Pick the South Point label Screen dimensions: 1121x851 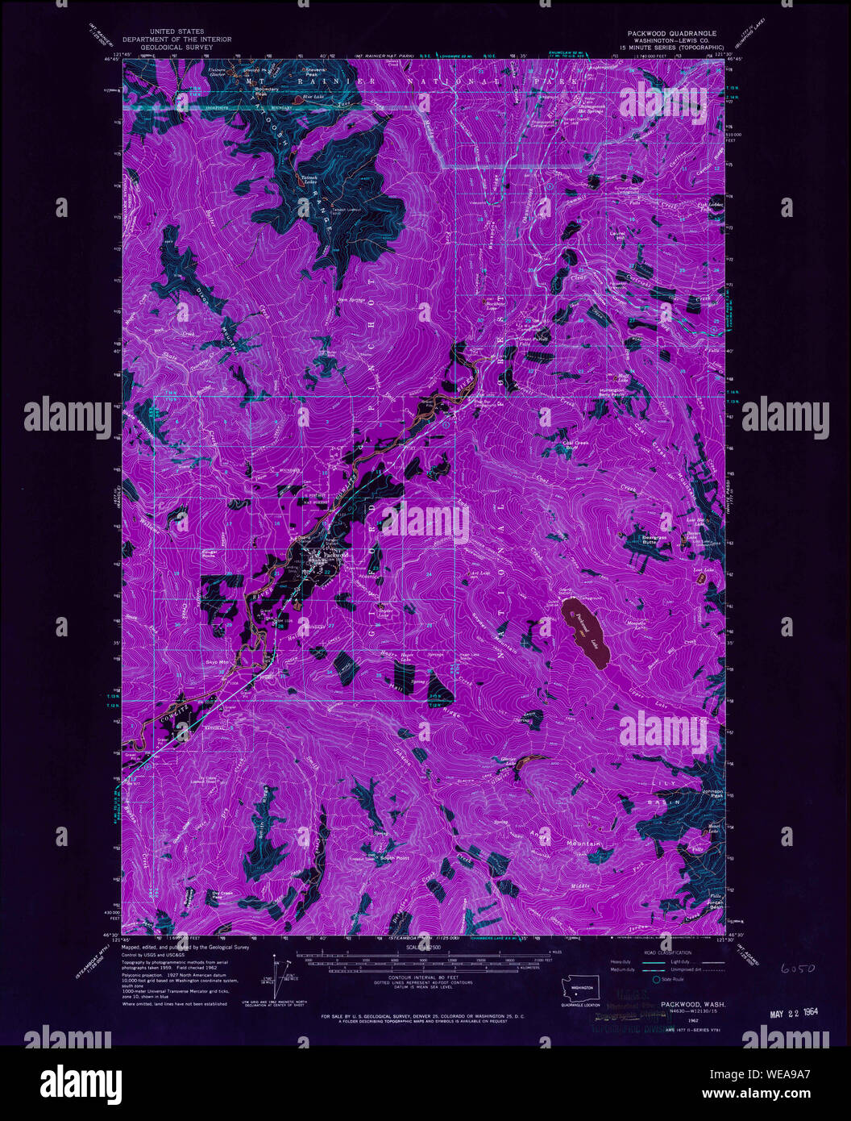click(x=395, y=857)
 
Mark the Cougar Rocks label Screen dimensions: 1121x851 click(x=211, y=552)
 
